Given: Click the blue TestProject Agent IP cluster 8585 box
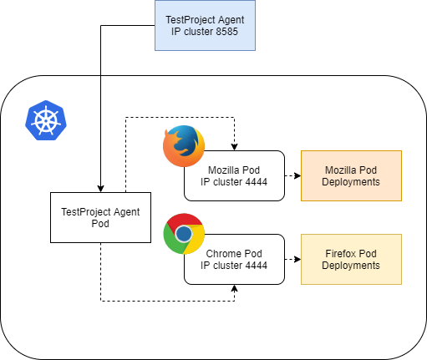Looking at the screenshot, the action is [x=205, y=25].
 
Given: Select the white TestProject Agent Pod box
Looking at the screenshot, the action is [x=100, y=217].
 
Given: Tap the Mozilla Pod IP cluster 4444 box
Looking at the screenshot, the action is [x=234, y=175].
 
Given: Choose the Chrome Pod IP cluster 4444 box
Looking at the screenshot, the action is [x=234, y=259].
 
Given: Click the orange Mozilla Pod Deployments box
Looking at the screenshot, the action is [x=351, y=175].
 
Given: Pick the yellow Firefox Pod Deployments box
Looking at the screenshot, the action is [x=351, y=259].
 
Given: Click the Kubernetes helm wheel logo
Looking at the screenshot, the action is [x=46, y=120].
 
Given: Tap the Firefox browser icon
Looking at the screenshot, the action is [x=184, y=146].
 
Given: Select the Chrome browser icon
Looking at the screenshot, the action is [x=184, y=234].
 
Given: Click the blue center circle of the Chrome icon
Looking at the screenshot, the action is [x=184, y=234].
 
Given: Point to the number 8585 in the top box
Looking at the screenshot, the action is [x=226, y=32].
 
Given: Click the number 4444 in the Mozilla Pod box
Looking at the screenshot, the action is [x=256, y=182].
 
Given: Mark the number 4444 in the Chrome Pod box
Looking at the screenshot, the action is [x=256, y=266].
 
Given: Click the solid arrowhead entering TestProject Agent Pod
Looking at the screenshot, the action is [x=100, y=189].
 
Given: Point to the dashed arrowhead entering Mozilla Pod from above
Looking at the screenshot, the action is [x=234, y=147].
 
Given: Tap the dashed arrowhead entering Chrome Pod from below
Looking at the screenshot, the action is [x=234, y=288].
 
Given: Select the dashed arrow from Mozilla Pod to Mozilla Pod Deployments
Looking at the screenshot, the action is [x=292, y=175].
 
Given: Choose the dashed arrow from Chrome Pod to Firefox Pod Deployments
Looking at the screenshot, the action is [x=292, y=259].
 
